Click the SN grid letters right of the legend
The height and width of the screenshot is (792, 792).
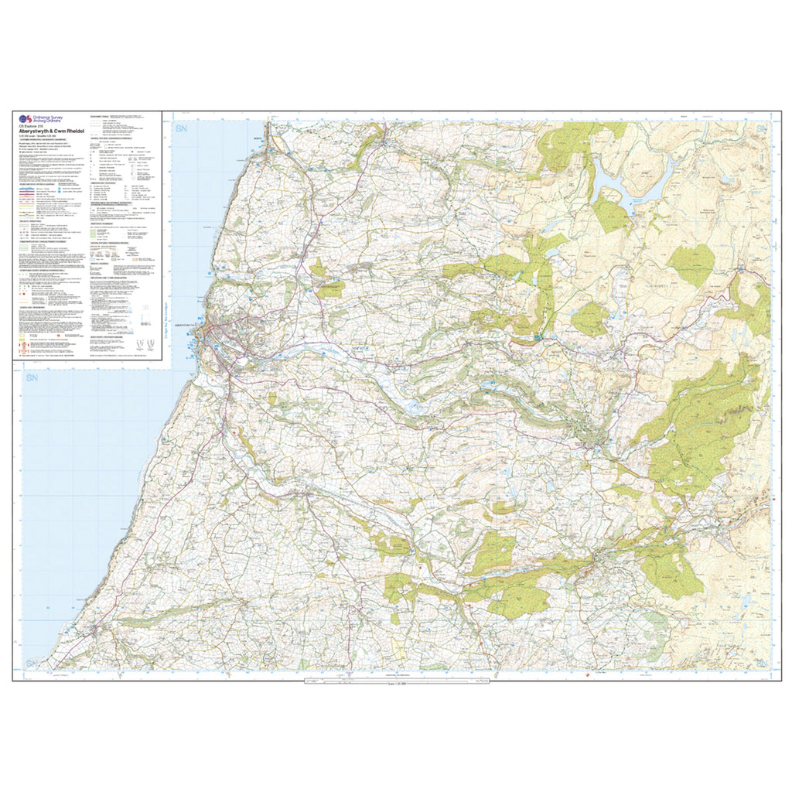[183, 128]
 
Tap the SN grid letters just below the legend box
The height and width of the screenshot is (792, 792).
[32, 378]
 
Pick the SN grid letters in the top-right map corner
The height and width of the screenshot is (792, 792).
[762, 128]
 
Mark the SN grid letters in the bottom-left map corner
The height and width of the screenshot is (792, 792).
[32, 664]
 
